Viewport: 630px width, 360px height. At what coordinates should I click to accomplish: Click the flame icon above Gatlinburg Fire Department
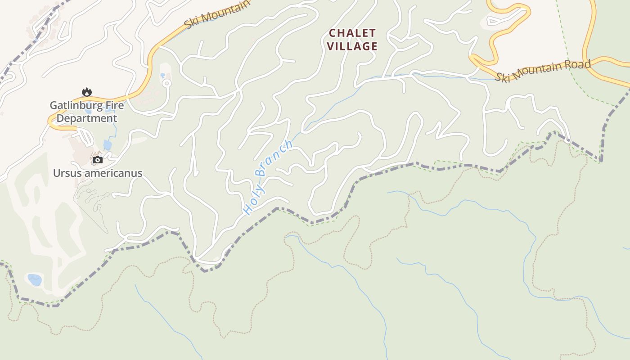click(x=86, y=92)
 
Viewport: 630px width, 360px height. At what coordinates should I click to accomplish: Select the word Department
click(x=87, y=118)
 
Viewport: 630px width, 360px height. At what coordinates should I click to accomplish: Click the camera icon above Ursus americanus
click(x=98, y=160)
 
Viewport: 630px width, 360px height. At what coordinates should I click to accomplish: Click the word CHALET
click(x=352, y=33)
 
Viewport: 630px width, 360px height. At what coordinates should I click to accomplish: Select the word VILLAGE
click(x=352, y=46)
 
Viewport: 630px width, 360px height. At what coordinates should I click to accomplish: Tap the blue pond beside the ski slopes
click(x=35, y=280)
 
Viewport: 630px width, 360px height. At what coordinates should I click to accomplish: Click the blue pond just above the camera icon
click(x=108, y=145)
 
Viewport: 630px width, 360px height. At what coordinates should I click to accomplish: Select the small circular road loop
click(x=166, y=83)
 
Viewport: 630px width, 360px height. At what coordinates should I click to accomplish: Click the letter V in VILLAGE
click(x=331, y=46)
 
